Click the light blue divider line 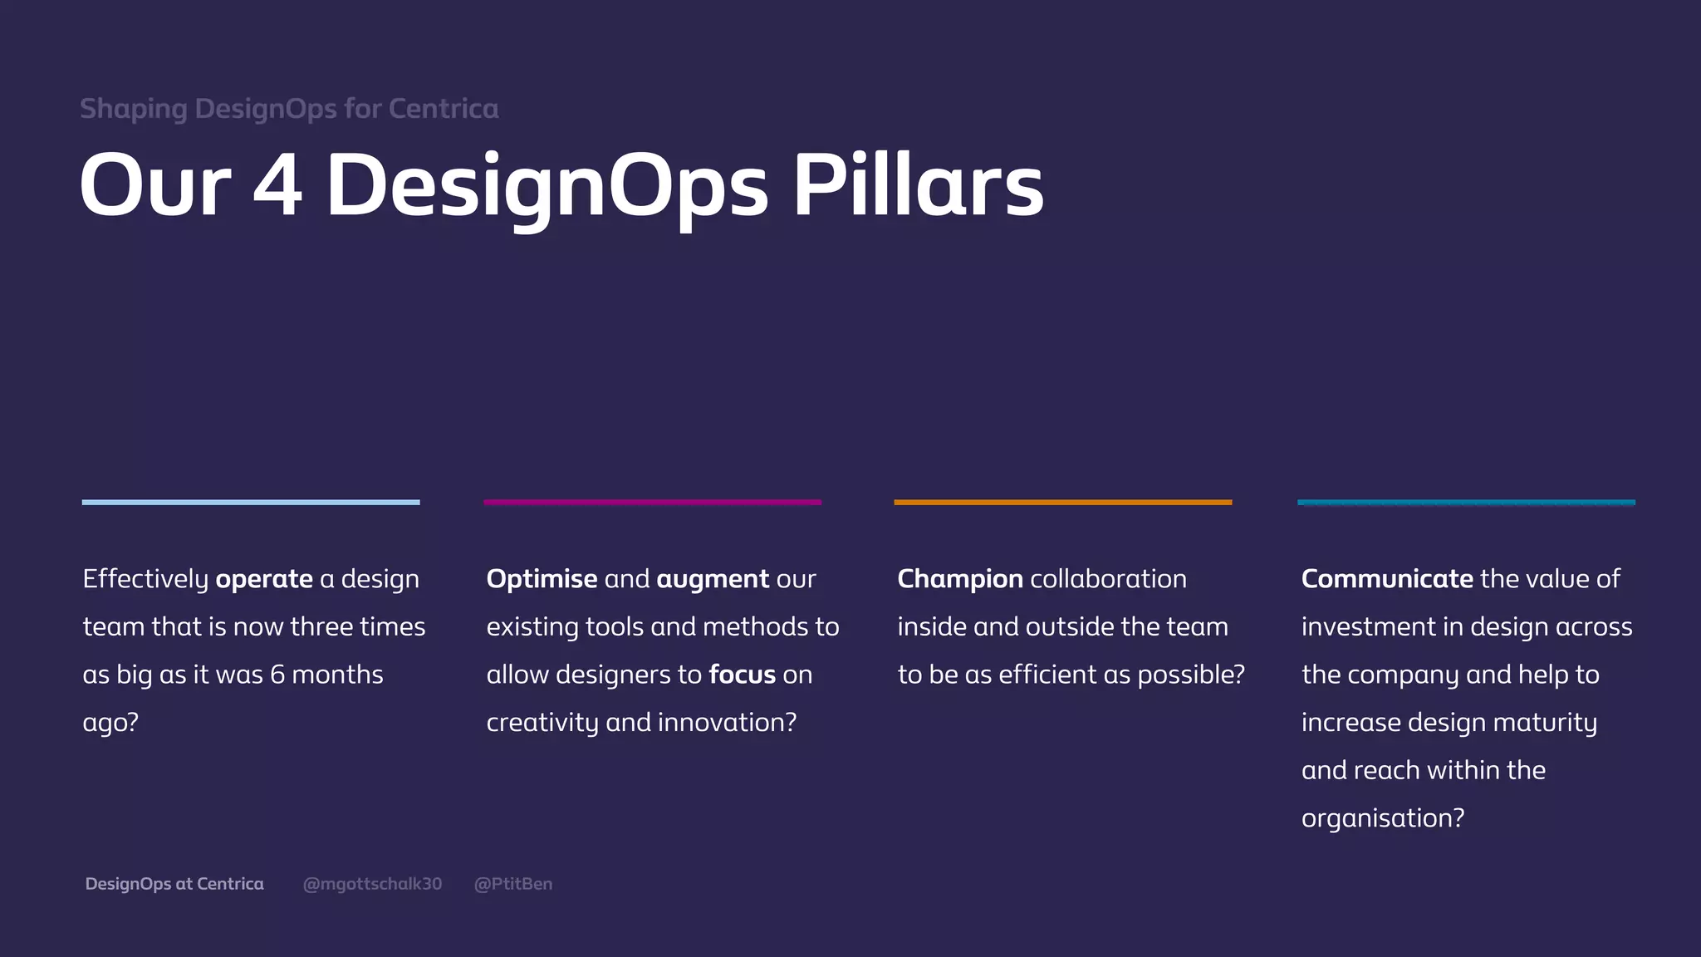[x=251, y=502]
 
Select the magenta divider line [x=653, y=502]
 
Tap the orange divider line [x=1062, y=502]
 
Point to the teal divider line [x=1466, y=502]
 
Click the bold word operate [x=264, y=579]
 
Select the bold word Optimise [x=542, y=579]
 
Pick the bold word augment [x=713, y=579]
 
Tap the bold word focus [x=742, y=675]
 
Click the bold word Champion [x=960, y=579]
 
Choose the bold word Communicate [x=1387, y=579]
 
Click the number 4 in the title [x=277, y=186]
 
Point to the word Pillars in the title [x=919, y=186]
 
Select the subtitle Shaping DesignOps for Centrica [x=289, y=109]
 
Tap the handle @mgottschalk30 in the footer [x=372, y=884]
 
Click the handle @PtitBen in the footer [x=512, y=884]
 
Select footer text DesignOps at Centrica [x=174, y=884]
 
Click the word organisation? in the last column [x=1383, y=818]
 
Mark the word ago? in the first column [x=110, y=723]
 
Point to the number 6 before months [x=277, y=675]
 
